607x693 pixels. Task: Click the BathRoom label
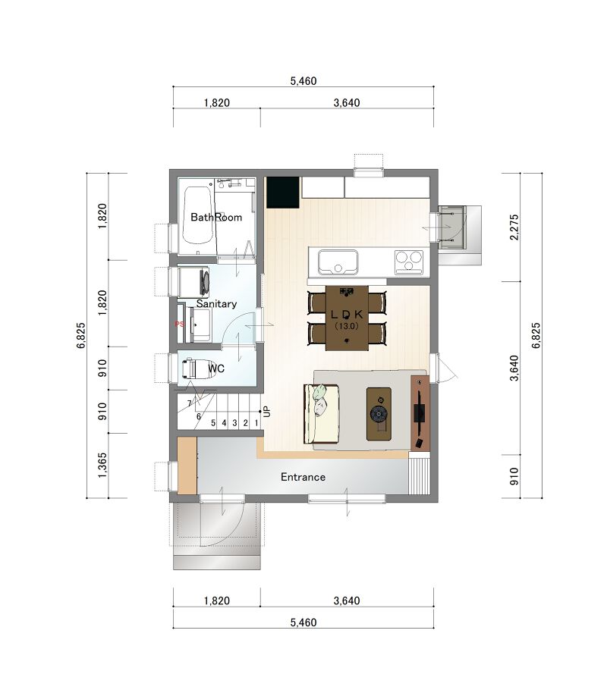216,217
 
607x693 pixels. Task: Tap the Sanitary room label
216,303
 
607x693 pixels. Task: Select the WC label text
216,368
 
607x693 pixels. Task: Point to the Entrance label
303,477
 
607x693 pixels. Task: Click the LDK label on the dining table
347,314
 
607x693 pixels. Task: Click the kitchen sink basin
338,262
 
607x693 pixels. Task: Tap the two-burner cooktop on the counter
409,262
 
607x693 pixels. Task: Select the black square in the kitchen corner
283,193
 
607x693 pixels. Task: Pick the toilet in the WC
199,368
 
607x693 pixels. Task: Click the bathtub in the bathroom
197,215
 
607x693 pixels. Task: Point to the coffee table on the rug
379,414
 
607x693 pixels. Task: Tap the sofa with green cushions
321,414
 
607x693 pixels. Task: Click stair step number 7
190,403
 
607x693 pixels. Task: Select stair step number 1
256,423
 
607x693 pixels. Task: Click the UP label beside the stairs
266,412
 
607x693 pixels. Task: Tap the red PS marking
179,324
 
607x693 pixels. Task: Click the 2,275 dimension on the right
514,227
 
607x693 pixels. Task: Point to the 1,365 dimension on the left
102,465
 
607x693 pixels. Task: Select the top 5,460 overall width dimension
303,81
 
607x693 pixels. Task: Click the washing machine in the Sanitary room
194,281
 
